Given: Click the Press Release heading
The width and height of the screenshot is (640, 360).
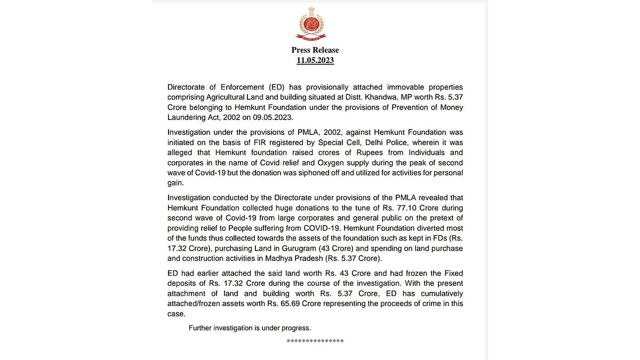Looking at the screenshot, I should coord(315,50).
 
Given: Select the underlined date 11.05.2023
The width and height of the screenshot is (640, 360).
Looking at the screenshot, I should coord(315,60).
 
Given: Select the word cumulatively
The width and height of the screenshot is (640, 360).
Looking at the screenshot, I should coord(437,293).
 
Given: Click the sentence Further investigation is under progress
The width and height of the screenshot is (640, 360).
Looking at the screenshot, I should coord(250,328).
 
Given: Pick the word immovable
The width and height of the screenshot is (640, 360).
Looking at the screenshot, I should coord(382,87).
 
